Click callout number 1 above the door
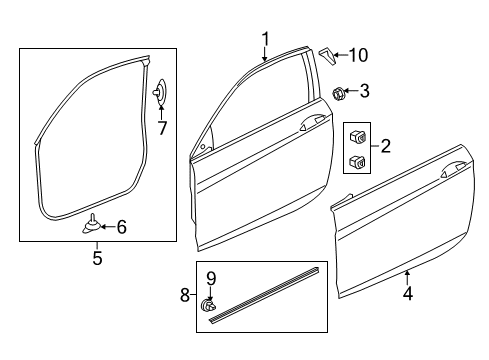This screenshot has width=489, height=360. click(x=265, y=39)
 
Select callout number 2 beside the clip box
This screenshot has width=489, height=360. click(x=385, y=146)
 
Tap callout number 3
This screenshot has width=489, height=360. click(x=365, y=91)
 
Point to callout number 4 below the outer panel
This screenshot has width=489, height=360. click(x=408, y=294)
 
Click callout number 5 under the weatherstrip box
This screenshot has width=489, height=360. click(x=97, y=258)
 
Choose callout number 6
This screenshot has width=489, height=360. click(x=122, y=227)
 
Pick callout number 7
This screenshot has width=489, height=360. click(x=162, y=128)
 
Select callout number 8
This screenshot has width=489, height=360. click(x=185, y=295)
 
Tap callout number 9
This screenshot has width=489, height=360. click(x=211, y=279)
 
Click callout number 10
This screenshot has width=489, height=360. click(x=358, y=55)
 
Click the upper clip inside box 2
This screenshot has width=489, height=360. click(x=358, y=136)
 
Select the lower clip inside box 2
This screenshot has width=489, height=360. click(x=358, y=161)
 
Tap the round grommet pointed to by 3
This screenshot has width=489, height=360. click(x=339, y=93)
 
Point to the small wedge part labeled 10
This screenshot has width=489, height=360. click(x=328, y=56)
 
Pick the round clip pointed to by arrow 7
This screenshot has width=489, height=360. click(x=161, y=92)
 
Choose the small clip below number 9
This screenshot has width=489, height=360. click(x=208, y=305)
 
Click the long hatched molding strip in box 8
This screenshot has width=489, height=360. click(x=264, y=295)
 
